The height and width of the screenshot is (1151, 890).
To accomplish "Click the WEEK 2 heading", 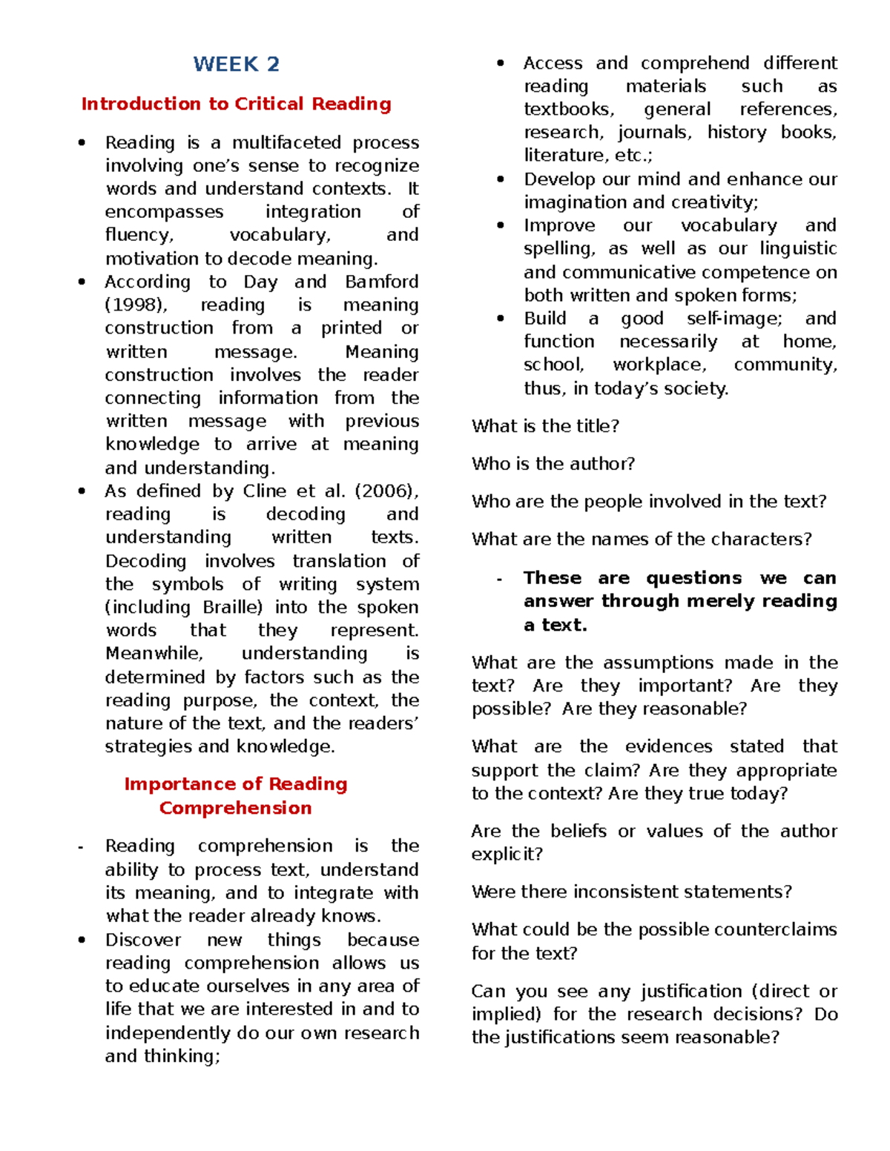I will click(x=236, y=64).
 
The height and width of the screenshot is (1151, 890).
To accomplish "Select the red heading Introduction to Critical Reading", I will click(x=236, y=104).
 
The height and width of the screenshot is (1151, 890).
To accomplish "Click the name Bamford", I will click(x=381, y=282).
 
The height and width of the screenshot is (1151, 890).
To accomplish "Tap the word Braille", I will click(x=232, y=607).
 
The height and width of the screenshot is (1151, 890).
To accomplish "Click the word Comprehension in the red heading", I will click(x=235, y=808).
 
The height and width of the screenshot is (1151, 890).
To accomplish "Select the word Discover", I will click(x=143, y=940).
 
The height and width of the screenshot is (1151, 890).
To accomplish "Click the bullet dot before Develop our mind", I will click(x=501, y=179).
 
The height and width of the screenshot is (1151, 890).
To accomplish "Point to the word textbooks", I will click(x=569, y=110).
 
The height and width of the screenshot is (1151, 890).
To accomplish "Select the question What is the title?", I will click(x=545, y=426).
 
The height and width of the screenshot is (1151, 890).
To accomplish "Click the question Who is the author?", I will click(x=553, y=464).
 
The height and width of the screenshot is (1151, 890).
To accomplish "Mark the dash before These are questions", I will click(x=500, y=579).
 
